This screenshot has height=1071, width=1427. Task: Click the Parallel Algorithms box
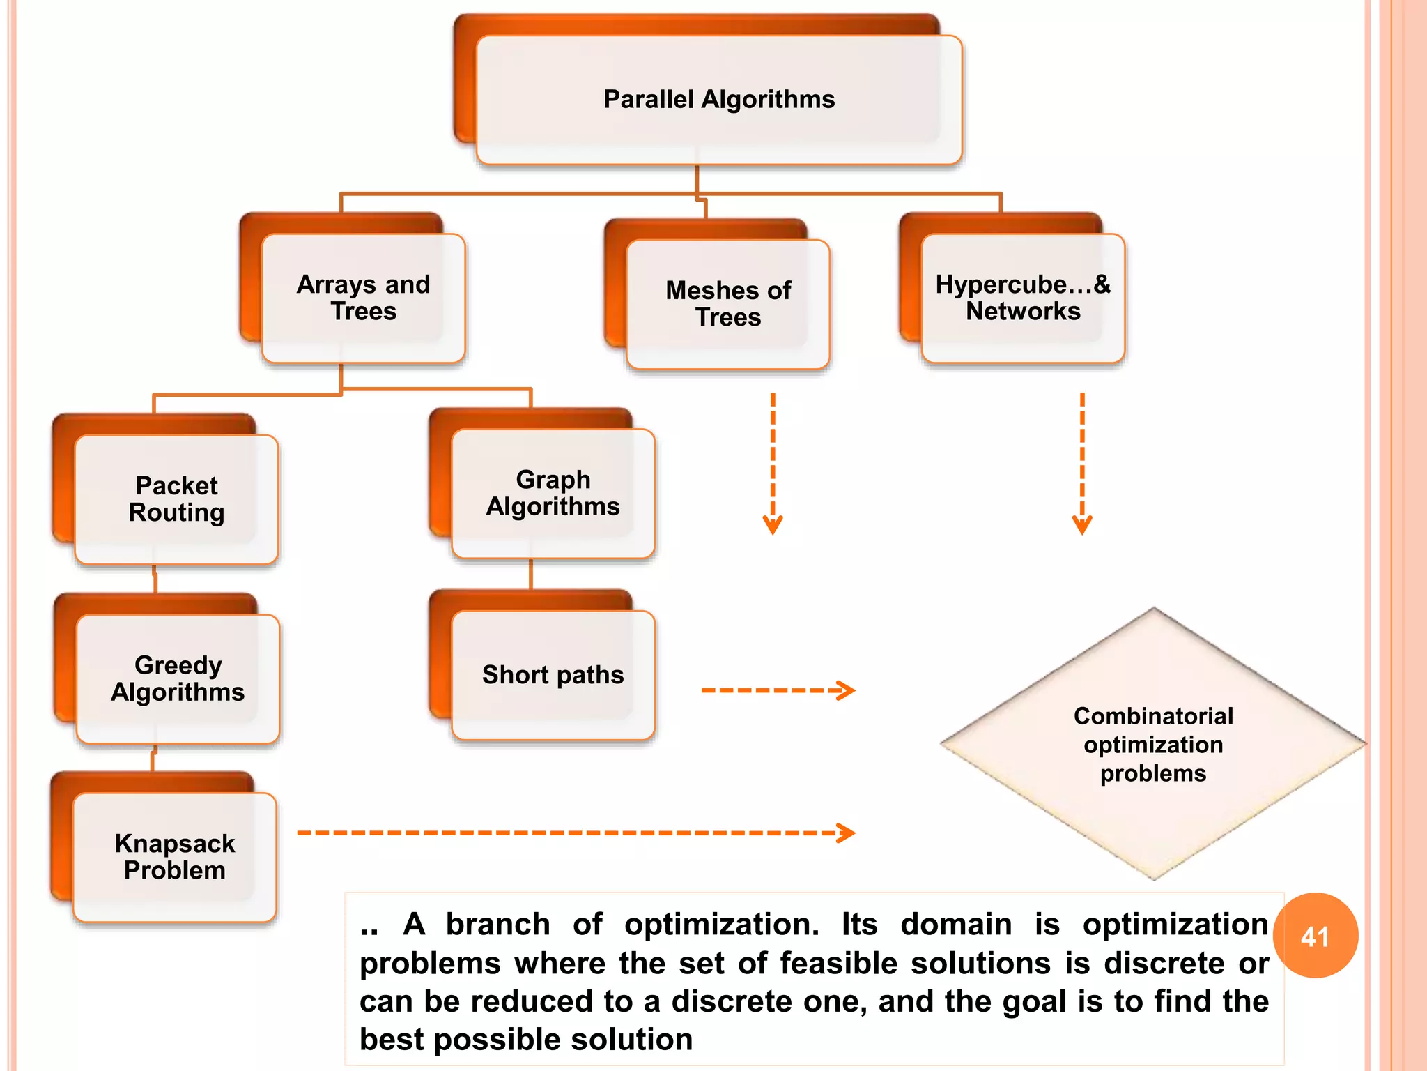[x=718, y=100]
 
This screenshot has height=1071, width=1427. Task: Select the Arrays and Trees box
[x=363, y=298]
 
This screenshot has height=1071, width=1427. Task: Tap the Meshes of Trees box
[x=728, y=303]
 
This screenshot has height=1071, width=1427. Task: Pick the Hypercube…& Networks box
[x=1022, y=298]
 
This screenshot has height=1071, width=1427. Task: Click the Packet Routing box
[x=176, y=499]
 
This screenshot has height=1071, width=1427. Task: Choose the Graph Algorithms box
[x=553, y=493]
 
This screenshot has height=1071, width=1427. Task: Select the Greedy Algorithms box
[x=178, y=678]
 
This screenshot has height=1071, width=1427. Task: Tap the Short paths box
[x=553, y=674]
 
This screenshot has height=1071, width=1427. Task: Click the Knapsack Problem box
[x=174, y=857]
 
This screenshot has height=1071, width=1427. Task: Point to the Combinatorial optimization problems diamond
[x=1153, y=744]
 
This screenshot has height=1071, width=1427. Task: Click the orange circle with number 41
[x=1315, y=936]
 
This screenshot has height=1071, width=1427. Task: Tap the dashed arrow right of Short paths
[x=778, y=690]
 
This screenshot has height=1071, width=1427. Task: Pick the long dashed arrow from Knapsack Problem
[x=576, y=833]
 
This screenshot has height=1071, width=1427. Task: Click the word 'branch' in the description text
[x=497, y=925]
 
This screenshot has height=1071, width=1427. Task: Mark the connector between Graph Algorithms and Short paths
[x=531, y=575]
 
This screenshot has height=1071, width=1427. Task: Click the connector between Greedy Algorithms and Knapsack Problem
[x=153, y=759]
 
